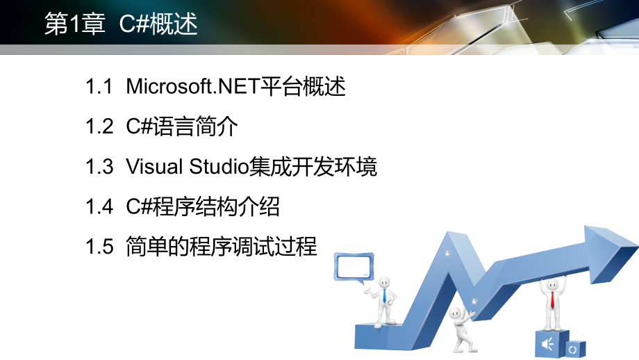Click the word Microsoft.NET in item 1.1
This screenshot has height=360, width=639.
192,88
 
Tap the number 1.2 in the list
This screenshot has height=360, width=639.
99,127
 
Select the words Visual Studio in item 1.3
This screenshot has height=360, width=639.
187,167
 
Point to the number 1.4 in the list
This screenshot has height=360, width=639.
99,206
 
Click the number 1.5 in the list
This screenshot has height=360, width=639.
99,246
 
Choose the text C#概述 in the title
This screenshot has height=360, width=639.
158,24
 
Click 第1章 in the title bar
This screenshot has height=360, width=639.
74,24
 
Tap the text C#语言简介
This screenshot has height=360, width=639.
182,127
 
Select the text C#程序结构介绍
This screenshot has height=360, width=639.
203,206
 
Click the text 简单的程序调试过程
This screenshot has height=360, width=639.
222,246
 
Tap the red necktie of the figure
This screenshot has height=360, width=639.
552,299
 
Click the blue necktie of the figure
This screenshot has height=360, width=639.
384,295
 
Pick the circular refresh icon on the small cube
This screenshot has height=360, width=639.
573,348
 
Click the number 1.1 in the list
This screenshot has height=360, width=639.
99,88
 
